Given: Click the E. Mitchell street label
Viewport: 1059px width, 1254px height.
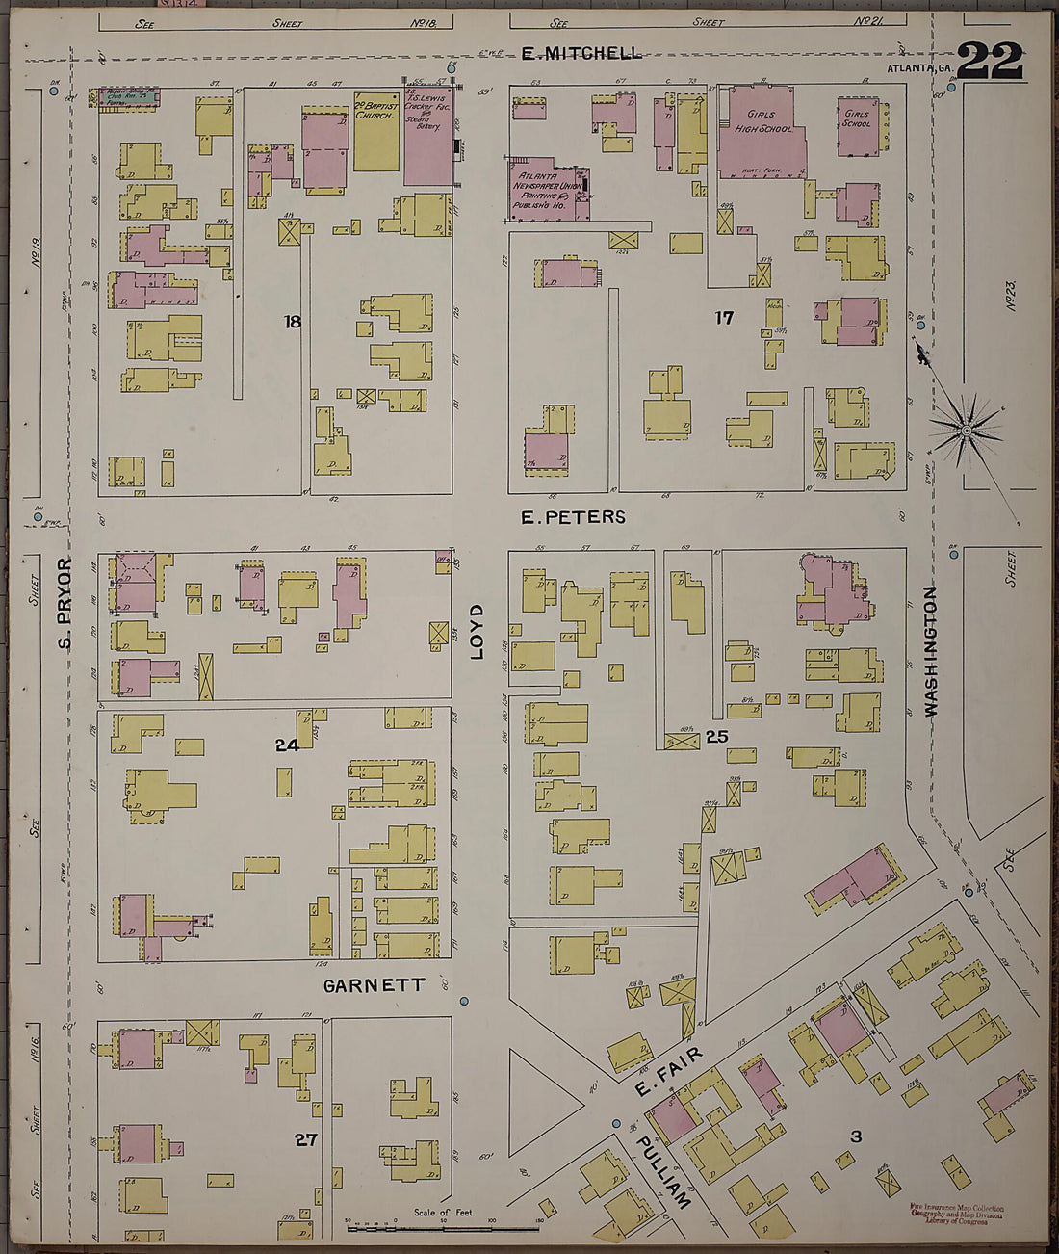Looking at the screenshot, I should tap(581, 53).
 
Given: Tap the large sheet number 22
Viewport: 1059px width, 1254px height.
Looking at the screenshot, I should tap(989, 62).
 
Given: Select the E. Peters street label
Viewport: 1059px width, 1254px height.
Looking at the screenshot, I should tap(573, 517).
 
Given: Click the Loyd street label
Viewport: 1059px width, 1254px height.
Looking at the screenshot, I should tap(477, 632).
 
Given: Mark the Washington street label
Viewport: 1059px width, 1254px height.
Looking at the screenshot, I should tap(931, 650).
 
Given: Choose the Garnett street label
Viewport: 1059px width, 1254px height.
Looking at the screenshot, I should tap(374, 985).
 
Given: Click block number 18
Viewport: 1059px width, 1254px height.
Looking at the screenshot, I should tap(292, 322).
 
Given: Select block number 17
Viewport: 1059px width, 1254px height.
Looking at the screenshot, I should tap(724, 317).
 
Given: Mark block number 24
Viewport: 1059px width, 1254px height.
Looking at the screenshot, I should tap(287, 745).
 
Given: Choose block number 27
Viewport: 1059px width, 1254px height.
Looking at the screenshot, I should tap(305, 1139).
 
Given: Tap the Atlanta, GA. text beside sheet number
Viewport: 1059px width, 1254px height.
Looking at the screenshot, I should tap(919, 67).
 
